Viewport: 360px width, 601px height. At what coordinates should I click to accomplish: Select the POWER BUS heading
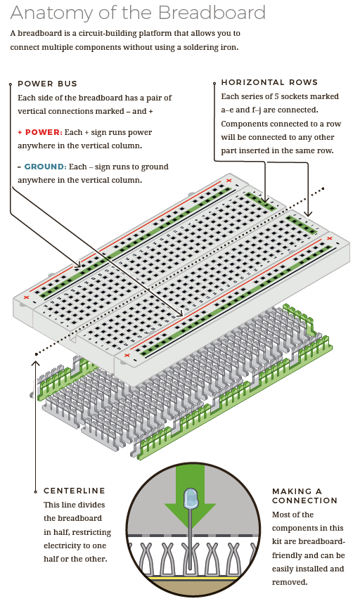[48, 84]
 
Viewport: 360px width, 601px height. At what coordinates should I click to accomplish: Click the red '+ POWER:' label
[40, 132]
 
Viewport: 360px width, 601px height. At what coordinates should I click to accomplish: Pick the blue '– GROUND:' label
[42, 167]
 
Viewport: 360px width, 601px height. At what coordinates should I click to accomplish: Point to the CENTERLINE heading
[75, 491]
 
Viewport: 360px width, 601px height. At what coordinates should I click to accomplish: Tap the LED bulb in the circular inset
[190, 500]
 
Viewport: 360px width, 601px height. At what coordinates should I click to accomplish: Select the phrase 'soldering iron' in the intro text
[210, 47]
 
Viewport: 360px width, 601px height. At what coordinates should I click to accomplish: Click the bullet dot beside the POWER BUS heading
[10, 84]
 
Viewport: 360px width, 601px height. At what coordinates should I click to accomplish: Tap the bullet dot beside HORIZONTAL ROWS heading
[213, 82]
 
